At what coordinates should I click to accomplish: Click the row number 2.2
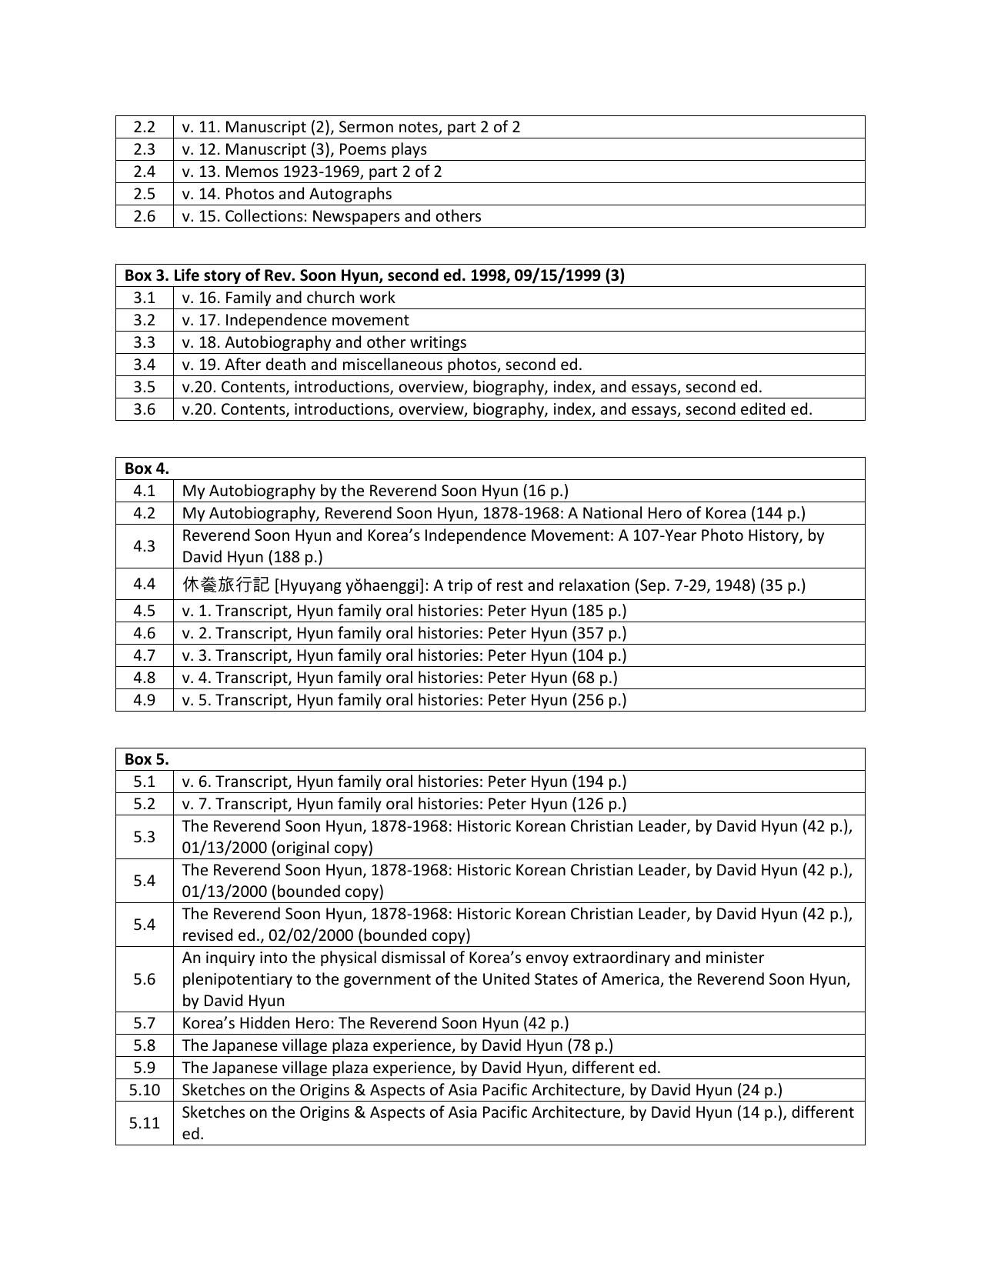click(x=144, y=127)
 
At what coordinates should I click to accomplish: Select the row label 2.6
click(x=144, y=216)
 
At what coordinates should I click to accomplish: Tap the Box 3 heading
click(x=374, y=275)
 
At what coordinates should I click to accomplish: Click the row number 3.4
click(x=144, y=365)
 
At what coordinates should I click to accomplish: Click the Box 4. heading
click(x=147, y=468)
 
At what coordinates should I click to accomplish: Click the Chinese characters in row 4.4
click(x=225, y=585)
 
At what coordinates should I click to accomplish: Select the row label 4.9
click(x=144, y=700)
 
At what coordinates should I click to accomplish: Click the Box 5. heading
click(x=147, y=759)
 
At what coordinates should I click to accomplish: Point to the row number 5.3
click(x=144, y=837)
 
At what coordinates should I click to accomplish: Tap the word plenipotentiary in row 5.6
click(x=236, y=979)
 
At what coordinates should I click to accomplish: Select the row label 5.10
click(x=144, y=1090)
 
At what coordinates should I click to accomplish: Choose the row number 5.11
click(x=144, y=1123)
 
